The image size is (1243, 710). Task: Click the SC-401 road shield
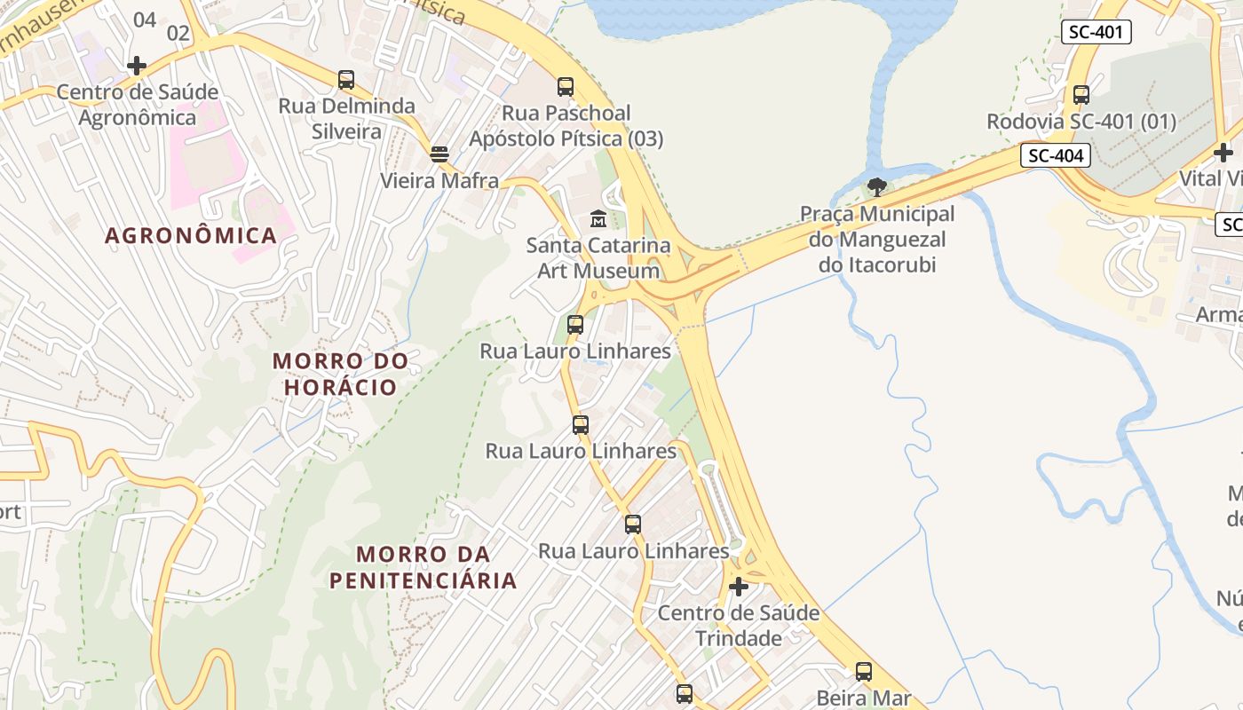[1096, 33]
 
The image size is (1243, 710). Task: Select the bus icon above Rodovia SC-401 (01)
[1081, 95]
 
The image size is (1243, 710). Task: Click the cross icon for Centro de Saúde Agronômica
[137, 65]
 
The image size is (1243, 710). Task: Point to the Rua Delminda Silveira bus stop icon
[346, 80]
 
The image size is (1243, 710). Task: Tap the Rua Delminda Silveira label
[346, 119]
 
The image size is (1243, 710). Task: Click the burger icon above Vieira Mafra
[439, 154]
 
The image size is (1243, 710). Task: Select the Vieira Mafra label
[439, 181]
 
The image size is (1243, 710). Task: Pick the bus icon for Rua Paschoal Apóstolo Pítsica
[566, 87]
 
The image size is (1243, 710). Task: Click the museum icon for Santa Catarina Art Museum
[598, 218]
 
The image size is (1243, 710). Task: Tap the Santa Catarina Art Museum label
[598, 257]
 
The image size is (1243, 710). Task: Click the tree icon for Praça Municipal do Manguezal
[877, 187]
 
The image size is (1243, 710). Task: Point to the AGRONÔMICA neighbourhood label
[191, 236]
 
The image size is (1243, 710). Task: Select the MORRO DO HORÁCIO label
[340, 374]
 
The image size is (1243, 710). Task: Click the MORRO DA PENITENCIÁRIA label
[423, 567]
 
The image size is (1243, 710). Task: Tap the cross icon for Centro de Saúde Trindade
[738, 587]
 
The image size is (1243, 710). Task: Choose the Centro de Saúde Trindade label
[738, 626]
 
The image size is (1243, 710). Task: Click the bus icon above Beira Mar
[864, 672]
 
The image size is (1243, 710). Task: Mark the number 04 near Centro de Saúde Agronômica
[144, 20]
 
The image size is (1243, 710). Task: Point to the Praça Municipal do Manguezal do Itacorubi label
[877, 239]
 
